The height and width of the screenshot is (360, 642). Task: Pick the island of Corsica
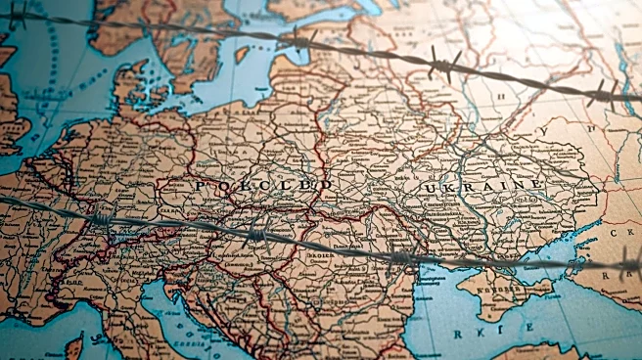coord(74,345)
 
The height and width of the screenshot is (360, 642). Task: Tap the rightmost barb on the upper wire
coord(603,93)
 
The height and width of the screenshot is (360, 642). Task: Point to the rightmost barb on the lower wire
coord(626,262)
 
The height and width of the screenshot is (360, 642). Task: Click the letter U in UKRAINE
coord(428,187)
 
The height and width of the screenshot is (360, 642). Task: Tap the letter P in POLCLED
coord(200,186)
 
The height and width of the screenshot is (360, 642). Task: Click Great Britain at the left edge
coord(10,108)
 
